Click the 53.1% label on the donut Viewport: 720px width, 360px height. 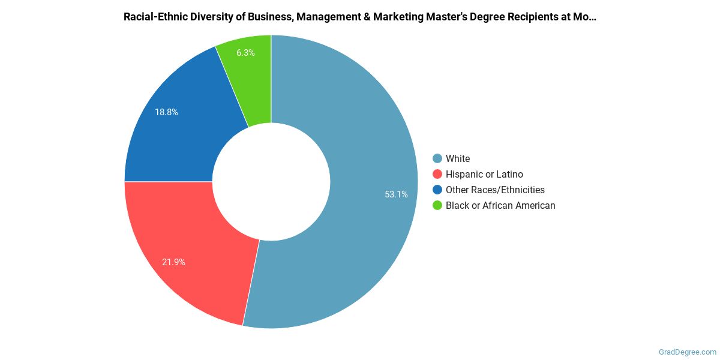tap(396, 194)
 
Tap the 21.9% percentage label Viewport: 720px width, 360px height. tap(173, 262)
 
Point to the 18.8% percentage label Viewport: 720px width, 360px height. tap(166, 112)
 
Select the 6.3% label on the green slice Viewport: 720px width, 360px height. tap(245, 53)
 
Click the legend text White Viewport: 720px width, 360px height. tap(458, 158)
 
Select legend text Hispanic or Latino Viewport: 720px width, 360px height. tap(484, 174)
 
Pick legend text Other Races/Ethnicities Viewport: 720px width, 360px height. tap(495, 190)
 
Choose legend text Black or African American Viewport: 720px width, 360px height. tap(500, 205)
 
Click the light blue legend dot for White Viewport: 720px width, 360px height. tap(437, 158)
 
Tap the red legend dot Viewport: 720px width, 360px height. tap(437, 174)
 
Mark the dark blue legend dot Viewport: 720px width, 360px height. tap(437, 190)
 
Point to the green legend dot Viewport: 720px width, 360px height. tap(437, 205)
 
